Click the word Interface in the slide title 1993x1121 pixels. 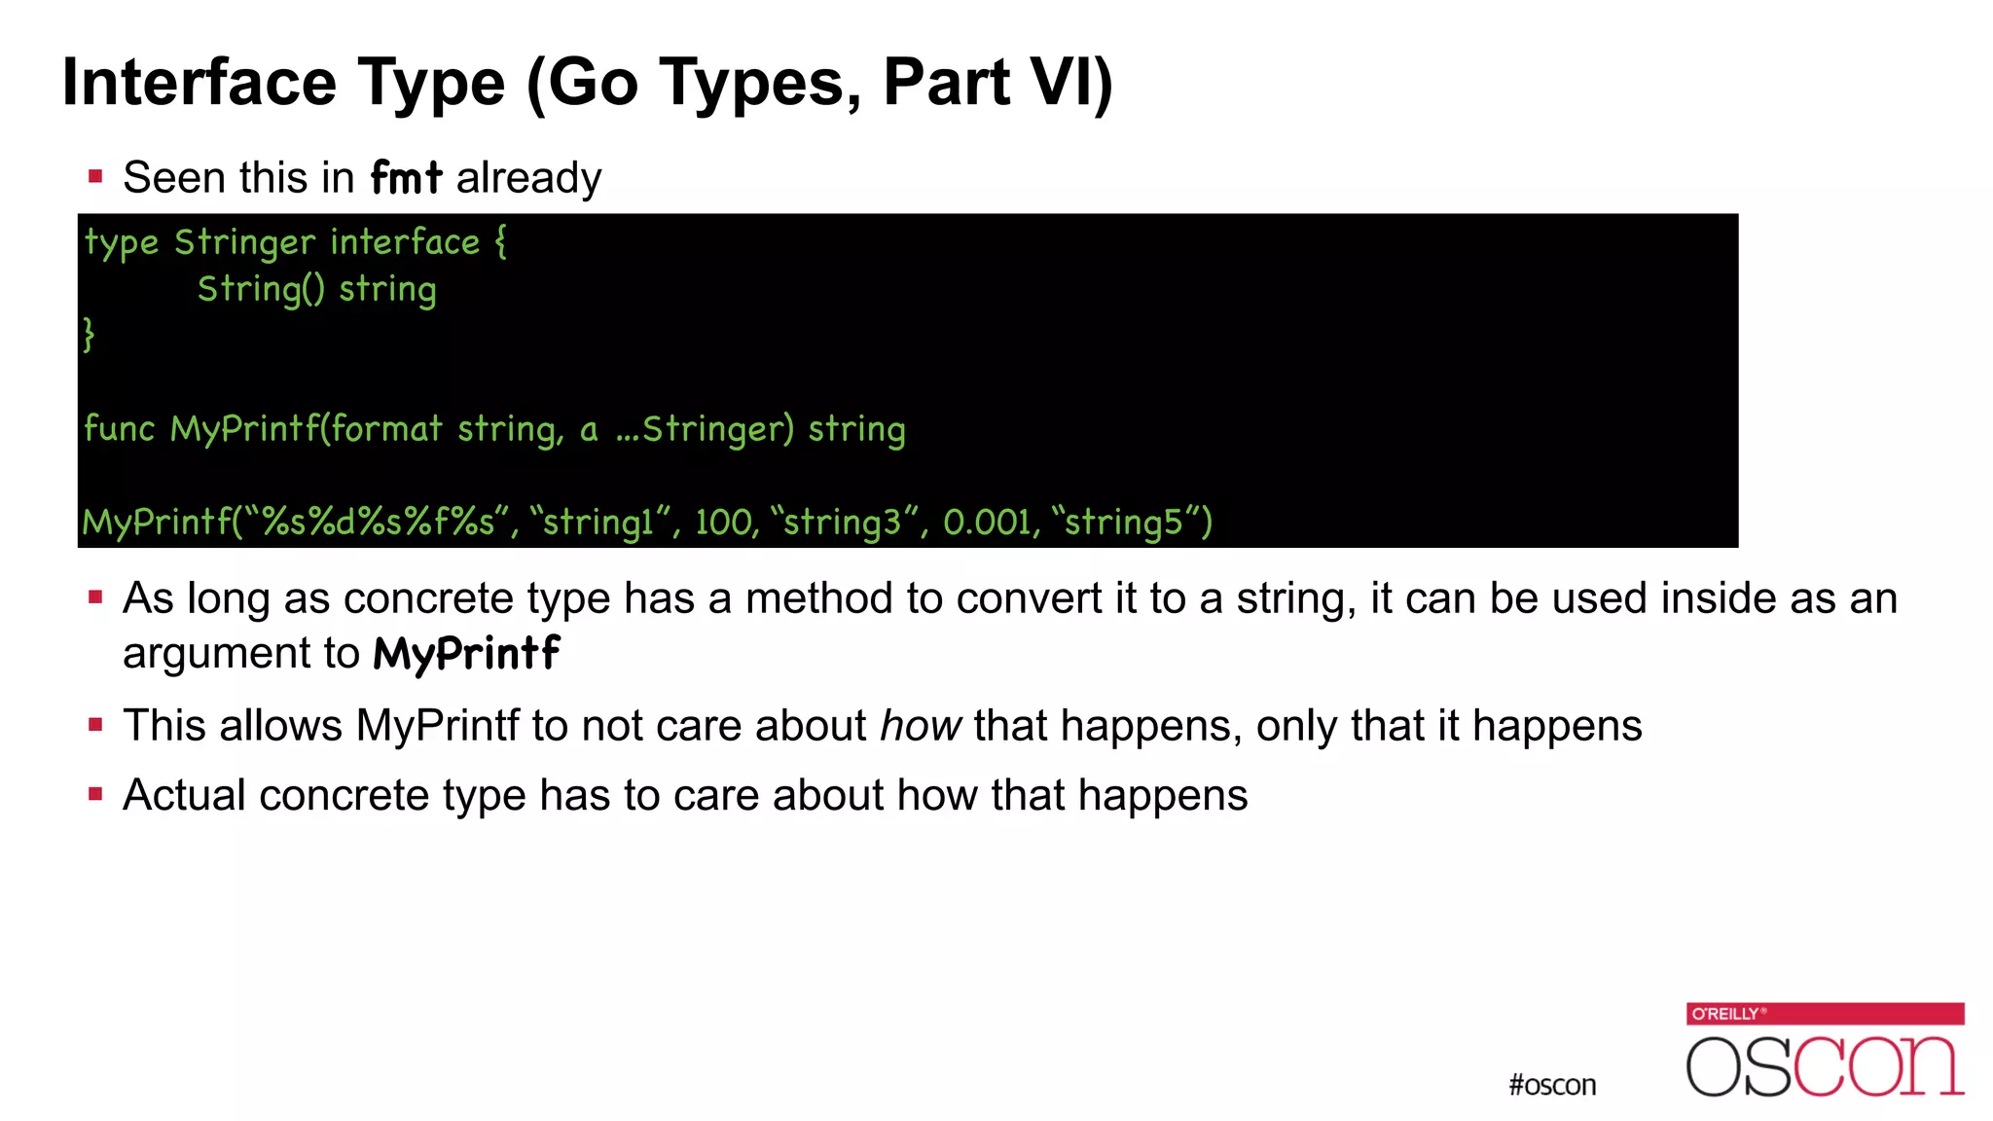[199, 83]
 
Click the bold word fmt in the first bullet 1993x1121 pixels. [406, 178]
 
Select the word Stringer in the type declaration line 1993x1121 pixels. [244, 242]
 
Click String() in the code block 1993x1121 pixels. [261, 290]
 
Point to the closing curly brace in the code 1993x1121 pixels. [89, 334]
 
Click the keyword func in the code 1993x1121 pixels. [119, 429]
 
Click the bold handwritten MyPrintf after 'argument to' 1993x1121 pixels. [466, 653]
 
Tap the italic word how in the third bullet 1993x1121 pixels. [920, 726]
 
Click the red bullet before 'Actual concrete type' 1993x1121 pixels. [95, 795]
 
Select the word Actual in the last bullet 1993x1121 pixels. [184, 796]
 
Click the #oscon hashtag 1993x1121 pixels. [1552, 1085]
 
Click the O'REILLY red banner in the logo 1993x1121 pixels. [1825, 1013]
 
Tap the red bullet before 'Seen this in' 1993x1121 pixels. [95, 177]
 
